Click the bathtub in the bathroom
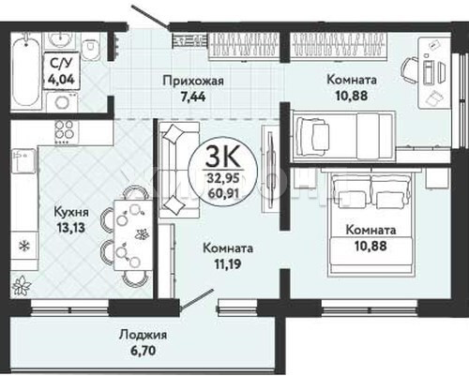tap(26, 70)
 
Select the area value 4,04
tap(61, 79)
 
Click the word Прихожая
tap(193, 81)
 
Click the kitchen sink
tap(24, 160)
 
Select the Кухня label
tap(71, 212)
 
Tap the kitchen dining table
tap(133, 235)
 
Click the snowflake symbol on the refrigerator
tap(24, 247)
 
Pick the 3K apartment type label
tap(222, 158)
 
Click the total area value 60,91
tap(223, 193)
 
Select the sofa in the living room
tap(179, 170)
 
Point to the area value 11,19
tap(228, 264)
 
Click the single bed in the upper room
tap(342, 136)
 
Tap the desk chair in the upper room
tap(410, 70)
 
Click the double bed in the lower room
tap(371, 222)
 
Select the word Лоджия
tap(143, 336)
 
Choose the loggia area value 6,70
tap(143, 351)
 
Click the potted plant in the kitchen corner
tap(21, 286)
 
